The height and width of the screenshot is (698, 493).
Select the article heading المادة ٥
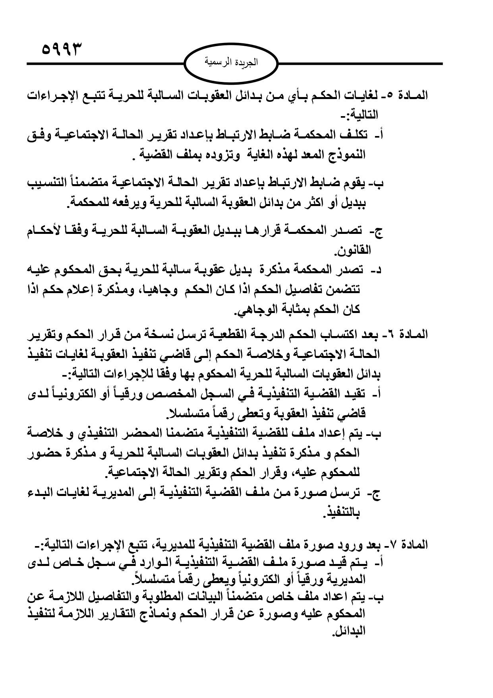(411, 96)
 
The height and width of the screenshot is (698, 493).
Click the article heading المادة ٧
(411, 544)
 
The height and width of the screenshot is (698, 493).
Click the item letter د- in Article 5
(375, 270)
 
